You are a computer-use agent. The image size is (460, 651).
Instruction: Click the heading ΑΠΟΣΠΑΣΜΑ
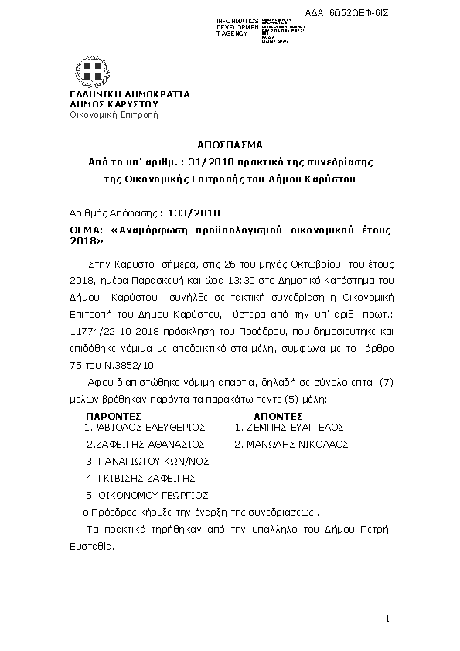coord(230,145)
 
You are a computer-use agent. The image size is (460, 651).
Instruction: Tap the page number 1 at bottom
coord(387,619)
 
